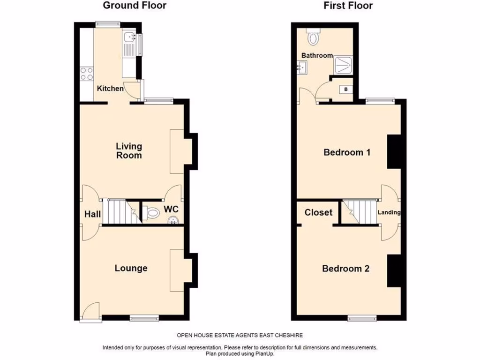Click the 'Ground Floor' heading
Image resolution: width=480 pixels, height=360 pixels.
pyautogui.click(x=135, y=6)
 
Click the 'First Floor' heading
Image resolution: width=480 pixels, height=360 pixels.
pyautogui.click(x=348, y=6)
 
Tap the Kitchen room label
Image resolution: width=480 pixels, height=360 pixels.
pyautogui.click(x=111, y=89)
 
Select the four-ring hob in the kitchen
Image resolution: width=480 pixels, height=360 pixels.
pyautogui.click(x=87, y=74)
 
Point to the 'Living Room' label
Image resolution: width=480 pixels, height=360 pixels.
pyautogui.click(x=129, y=151)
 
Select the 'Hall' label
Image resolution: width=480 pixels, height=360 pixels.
pyautogui.click(x=92, y=214)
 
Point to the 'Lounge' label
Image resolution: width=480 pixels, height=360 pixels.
pyautogui.click(x=131, y=268)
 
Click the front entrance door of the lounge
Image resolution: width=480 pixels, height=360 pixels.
pyautogui.click(x=91, y=312)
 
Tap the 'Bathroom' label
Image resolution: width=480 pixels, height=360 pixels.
pyautogui.click(x=317, y=55)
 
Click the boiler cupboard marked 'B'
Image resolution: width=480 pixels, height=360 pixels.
pyautogui.click(x=346, y=89)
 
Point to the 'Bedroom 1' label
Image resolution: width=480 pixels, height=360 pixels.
pyautogui.click(x=347, y=152)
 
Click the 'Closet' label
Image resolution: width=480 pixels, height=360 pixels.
pyautogui.click(x=318, y=212)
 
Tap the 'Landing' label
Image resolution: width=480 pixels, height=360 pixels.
pyautogui.click(x=390, y=212)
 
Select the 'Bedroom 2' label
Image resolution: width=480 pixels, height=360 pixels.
pyautogui.click(x=345, y=269)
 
